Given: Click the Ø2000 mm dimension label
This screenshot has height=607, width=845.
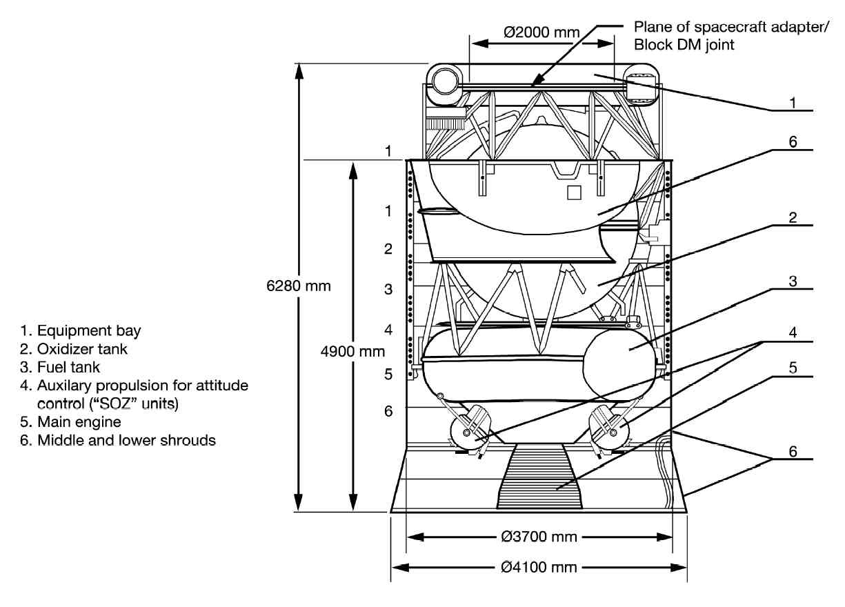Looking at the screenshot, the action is pyautogui.click(x=541, y=32).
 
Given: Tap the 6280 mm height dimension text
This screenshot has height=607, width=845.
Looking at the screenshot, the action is pyautogui.click(x=299, y=286).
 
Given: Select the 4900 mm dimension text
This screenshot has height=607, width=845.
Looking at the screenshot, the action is pyautogui.click(x=352, y=352).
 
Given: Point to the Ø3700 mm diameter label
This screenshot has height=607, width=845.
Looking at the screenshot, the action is pyautogui.click(x=539, y=537).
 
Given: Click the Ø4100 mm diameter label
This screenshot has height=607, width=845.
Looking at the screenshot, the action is pyautogui.click(x=539, y=567).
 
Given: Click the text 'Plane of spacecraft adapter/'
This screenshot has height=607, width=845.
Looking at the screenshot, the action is pyautogui.click(x=731, y=27).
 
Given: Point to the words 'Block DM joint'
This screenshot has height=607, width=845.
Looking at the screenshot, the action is pyautogui.click(x=684, y=45).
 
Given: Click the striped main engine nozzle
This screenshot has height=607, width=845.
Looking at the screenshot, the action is pyautogui.click(x=539, y=477).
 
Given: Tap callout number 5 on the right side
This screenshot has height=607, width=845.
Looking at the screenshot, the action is pyautogui.click(x=793, y=368).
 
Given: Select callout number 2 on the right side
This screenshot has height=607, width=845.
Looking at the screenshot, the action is pyautogui.click(x=793, y=217).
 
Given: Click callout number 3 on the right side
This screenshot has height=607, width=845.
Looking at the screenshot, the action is pyautogui.click(x=793, y=281).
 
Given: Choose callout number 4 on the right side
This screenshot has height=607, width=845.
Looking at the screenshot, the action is pyautogui.click(x=793, y=332).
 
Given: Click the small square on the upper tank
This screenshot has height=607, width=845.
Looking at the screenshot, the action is pyautogui.click(x=574, y=192).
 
